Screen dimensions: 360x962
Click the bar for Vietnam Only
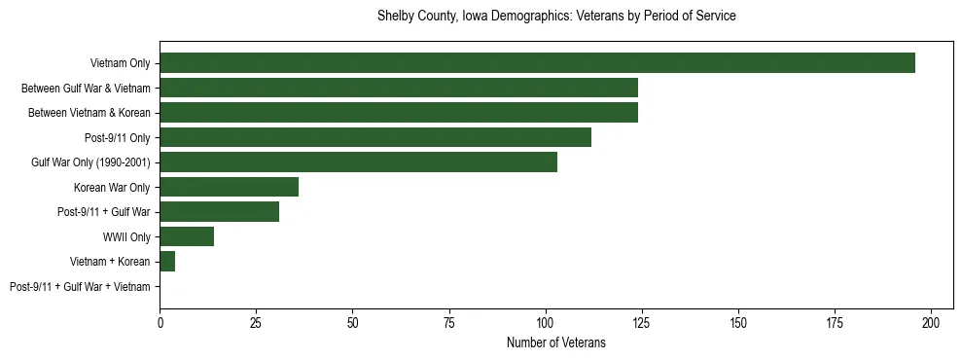pyautogui.click(x=537, y=63)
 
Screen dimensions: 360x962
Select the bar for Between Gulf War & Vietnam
pyautogui.click(x=399, y=88)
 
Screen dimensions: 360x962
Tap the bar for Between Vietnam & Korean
pyautogui.click(x=399, y=113)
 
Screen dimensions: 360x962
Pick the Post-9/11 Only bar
pyautogui.click(x=375, y=137)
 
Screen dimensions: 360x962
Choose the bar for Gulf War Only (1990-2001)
pyautogui.click(x=358, y=162)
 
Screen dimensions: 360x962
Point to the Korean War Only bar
pyautogui.click(x=229, y=187)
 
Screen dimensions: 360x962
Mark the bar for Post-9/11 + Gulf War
pyautogui.click(x=219, y=212)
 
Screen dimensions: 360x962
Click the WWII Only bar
pyautogui.click(x=187, y=236)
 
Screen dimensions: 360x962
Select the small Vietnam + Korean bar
pyautogui.click(x=167, y=262)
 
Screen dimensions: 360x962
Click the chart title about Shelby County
pyautogui.click(x=556, y=17)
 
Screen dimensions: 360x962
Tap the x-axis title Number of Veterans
pyautogui.click(x=556, y=342)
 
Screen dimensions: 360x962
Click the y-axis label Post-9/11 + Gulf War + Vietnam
pyautogui.click(x=80, y=287)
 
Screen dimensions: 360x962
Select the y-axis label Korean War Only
pyautogui.click(x=112, y=188)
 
